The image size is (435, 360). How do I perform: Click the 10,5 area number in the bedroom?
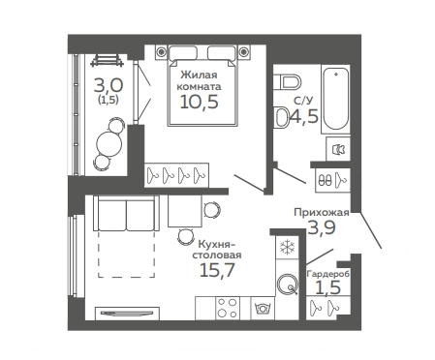pos(199,102)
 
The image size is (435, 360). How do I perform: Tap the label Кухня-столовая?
pos(217,249)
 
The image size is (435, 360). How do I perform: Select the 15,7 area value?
pos(217,270)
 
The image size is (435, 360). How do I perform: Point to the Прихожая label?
pos(322,212)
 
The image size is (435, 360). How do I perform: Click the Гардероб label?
pos(327,274)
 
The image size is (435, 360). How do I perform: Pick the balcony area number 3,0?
pos(109,86)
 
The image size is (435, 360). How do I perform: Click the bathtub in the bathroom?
pos(336,99)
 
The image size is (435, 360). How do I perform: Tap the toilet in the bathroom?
pos(288,82)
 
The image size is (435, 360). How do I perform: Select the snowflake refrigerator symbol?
pos(287,247)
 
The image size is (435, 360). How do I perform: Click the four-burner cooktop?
pos(227,308)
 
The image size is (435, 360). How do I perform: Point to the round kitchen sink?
pos(287,284)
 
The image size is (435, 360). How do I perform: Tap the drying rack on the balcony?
pos(108,60)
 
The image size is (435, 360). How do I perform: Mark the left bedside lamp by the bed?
pos(161,51)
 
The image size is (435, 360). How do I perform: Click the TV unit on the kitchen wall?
pos(127,314)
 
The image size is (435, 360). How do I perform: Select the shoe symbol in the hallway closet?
pos(325,180)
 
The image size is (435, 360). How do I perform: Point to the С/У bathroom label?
pos(303,101)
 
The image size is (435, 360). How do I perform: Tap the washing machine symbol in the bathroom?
pos(338,149)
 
